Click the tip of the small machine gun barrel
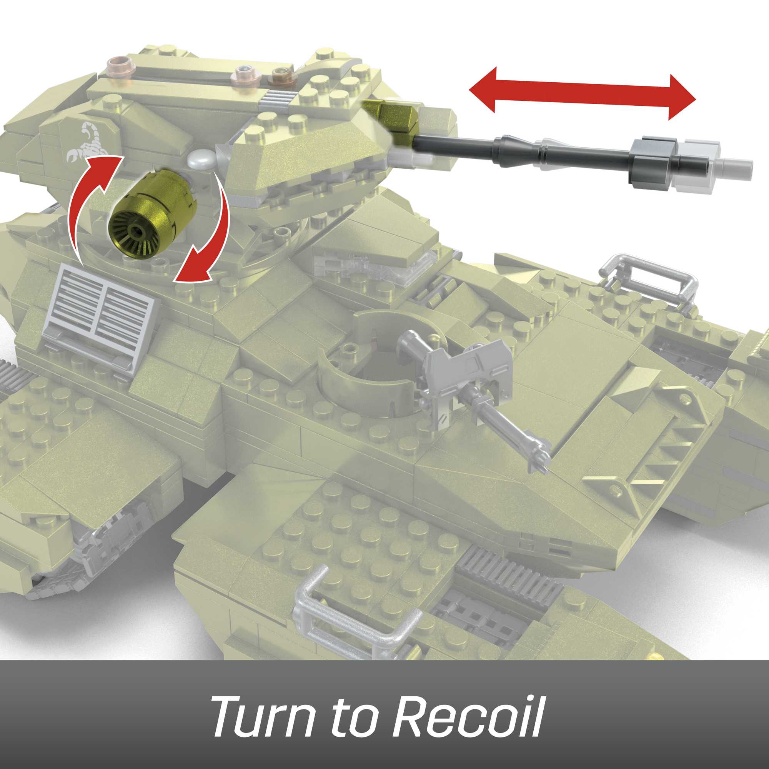tap(542, 464)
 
